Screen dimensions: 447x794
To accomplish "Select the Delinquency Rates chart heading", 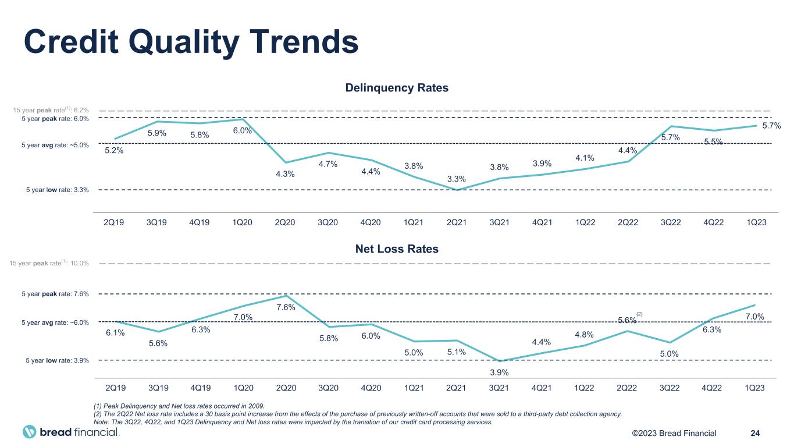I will pyautogui.click(x=397, y=88).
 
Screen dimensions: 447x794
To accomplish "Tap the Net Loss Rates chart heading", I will pyautogui.click(x=397, y=249).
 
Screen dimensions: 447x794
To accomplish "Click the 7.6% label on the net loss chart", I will pyautogui.click(x=285, y=307).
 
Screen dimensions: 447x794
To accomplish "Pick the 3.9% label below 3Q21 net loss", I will pyautogui.click(x=499, y=372).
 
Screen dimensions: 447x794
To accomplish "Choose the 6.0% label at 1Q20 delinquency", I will pyautogui.click(x=243, y=131).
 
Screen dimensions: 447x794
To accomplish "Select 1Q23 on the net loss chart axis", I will pyautogui.click(x=754, y=387).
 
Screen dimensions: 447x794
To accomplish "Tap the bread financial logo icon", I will pyautogui.click(x=30, y=432).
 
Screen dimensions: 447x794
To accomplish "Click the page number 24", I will pyautogui.click(x=756, y=433).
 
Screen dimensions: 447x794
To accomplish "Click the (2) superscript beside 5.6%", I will pyautogui.click(x=639, y=314).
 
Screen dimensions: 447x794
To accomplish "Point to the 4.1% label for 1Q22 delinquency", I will pyautogui.click(x=584, y=158).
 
